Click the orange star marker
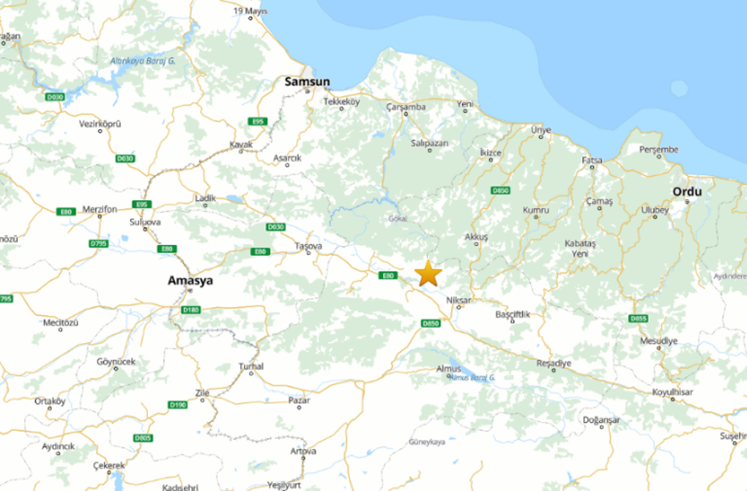(x=427, y=273)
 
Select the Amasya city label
(x=190, y=280)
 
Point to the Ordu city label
(x=687, y=191)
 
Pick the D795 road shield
(x=99, y=243)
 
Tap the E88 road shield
(x=167, y=248)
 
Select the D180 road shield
(x=190, y=309)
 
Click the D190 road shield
(x=178, y=404)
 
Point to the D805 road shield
(x=142, y=437)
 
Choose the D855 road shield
(x=638, y=319)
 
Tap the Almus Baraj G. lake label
(x=473, y=377)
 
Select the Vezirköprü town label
(x=100, y=123)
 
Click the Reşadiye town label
(x=553, y=362)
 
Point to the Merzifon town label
(x=100, y=209)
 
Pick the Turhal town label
(x=251, y=366)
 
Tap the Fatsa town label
(x=592, y=160)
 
